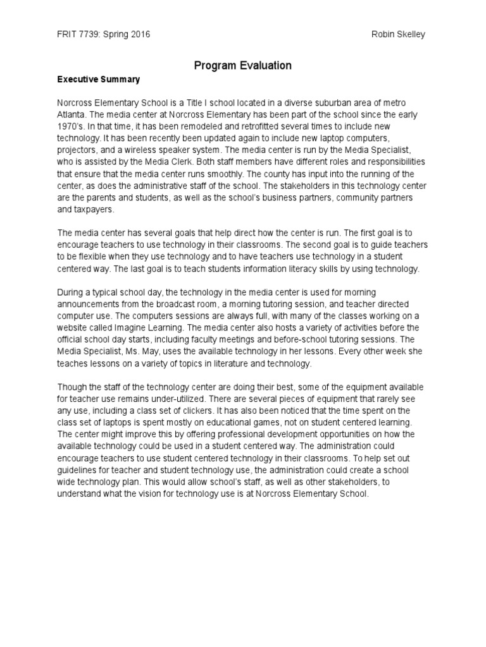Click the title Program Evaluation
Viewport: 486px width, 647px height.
pyautogui.click(x=242, y=65)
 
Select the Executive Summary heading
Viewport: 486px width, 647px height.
pyautogui.click(x=98, y=80)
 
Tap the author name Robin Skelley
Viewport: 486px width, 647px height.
pyautogui.click(x=399, y=34)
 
